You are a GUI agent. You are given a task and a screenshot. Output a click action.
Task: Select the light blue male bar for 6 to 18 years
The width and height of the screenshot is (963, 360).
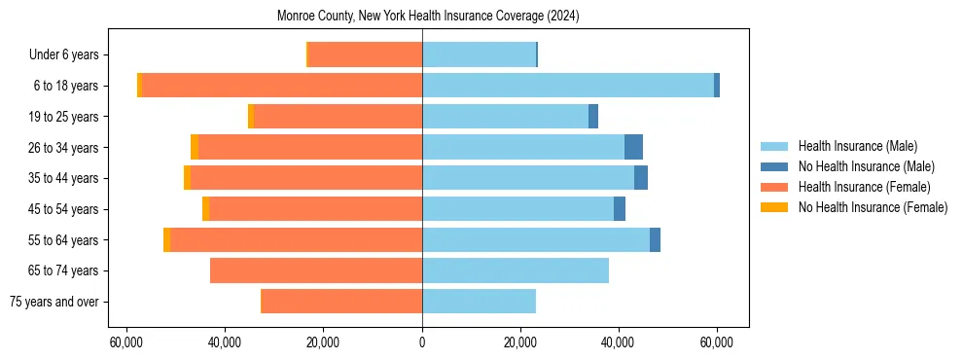(568, 86)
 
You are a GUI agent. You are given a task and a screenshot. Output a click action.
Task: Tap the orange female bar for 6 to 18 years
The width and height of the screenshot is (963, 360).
(282, 86)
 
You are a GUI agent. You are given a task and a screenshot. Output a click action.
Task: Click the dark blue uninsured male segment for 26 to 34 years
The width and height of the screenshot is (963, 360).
(633, 147)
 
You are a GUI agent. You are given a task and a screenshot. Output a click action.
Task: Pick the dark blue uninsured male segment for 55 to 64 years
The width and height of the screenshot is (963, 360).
(655, 239)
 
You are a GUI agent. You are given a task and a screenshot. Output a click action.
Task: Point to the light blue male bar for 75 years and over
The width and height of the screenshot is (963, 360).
(479, 302)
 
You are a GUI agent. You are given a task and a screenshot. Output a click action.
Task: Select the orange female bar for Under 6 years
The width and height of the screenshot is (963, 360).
(365, 54)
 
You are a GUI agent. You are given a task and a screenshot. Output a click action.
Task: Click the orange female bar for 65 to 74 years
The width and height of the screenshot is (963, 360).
(316, 270)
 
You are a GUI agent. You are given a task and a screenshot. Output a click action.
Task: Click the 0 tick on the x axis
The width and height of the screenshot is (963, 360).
(422, 342)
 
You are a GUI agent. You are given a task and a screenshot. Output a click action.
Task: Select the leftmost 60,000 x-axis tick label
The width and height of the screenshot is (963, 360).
(126, 342)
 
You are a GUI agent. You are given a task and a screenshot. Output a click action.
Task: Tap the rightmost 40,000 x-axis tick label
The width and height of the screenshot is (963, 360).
(619, 342)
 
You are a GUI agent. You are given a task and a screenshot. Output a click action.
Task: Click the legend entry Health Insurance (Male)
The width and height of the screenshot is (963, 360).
(857, 146)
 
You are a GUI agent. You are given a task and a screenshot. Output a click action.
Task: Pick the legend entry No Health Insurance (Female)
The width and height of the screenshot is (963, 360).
(873, 207)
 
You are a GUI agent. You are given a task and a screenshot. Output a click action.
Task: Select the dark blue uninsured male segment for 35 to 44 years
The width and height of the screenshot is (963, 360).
(641, 178)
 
